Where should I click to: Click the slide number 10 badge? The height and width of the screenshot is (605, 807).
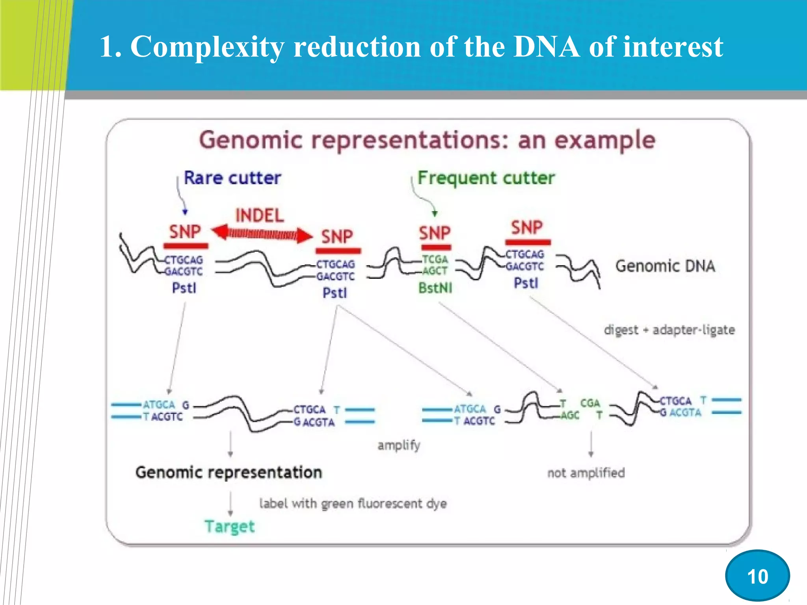coord(757,576)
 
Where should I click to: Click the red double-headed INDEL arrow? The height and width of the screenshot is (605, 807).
coord(262,235)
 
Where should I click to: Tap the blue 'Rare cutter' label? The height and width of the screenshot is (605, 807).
coord(232,178)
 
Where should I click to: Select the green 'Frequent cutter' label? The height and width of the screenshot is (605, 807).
coord(486,178)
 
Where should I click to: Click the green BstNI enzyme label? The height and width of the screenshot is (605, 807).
coord(435,288)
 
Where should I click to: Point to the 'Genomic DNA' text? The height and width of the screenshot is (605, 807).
coord(665,266)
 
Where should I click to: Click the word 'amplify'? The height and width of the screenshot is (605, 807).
coord(398,445)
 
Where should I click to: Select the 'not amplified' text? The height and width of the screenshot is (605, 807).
coord(586,473)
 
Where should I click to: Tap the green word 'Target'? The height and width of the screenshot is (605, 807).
coord(230,527)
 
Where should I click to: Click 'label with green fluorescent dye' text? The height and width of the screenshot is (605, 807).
coord(353,503)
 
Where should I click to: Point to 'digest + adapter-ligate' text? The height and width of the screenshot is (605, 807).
coord(669,330)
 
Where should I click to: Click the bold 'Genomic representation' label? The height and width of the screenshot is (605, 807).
coord(229,472)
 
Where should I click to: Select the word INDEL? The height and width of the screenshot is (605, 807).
coord(260,215)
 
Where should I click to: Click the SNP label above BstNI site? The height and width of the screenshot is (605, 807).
coord(435,233)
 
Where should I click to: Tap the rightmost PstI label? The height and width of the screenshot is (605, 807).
coord(526,283)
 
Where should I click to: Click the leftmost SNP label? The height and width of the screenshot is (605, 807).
coord(185,231)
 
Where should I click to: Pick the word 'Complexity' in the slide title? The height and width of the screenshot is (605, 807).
coord(207,46)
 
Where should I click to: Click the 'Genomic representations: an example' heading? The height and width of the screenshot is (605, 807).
coord(427,140)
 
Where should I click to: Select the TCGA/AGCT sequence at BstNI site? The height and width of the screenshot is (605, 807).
coord(435,265)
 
